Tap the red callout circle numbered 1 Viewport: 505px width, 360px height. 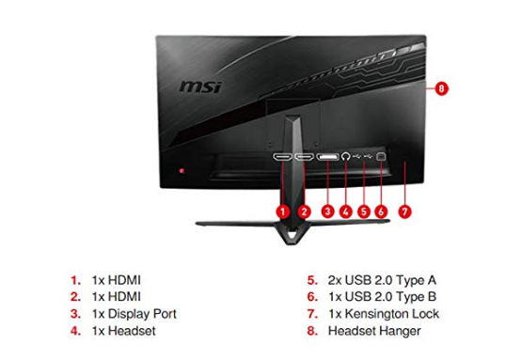click(x=282, y=212)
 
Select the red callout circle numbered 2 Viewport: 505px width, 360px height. click(x=305, y=212)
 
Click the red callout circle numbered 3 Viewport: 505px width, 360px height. click(x=327, y=212)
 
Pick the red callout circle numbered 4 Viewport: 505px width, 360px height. click(x=346, y=212)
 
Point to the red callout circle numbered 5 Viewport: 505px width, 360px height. click(x=363, y=212)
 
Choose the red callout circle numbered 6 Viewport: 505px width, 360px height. click(x=381, y=212)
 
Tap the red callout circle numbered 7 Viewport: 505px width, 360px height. click(x=405, y=212)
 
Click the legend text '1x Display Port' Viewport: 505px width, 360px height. click(x=134, y=314)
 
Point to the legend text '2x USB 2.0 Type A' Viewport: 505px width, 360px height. click(x=383, y=280)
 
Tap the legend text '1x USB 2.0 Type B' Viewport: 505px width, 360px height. click(x=383, y=297)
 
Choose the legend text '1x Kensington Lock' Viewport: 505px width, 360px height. click(x=386, y=314)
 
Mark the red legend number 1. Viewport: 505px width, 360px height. click(x=74, y=280)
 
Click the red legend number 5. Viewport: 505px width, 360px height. click(x=311, y=280)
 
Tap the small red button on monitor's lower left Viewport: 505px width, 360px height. click(x=183, y=171)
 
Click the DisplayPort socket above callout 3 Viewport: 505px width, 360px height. click(x=328, y=156)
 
